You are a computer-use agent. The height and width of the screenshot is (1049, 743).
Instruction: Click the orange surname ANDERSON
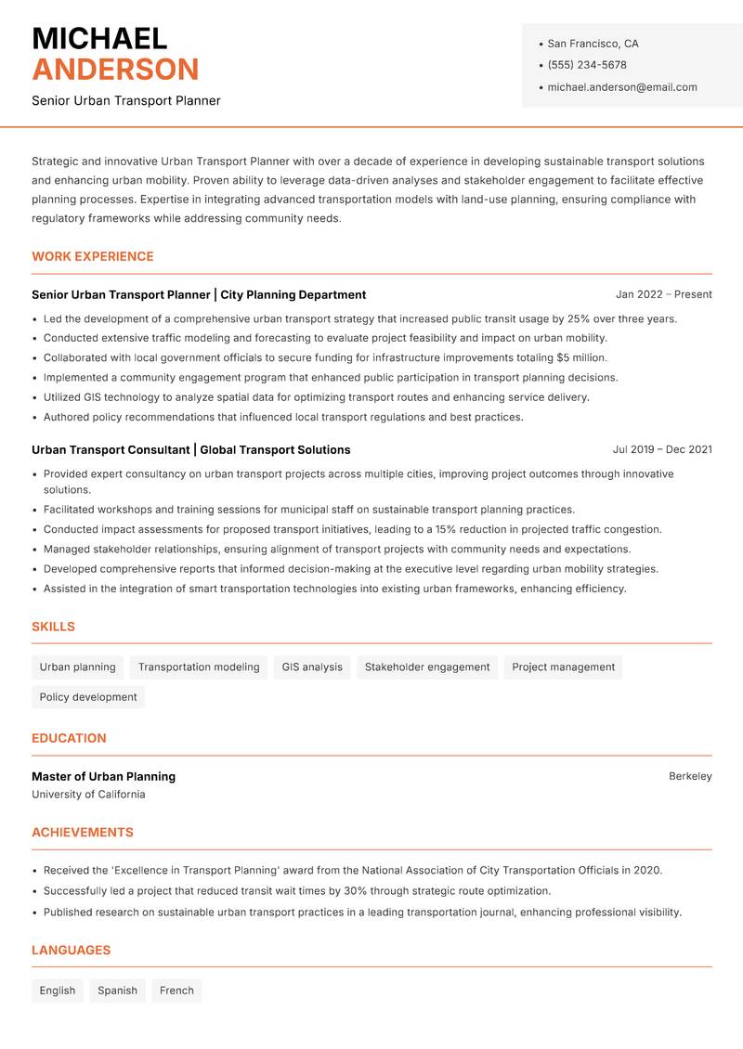pos(115,70)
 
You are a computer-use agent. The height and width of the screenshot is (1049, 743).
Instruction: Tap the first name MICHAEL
pos(99,38)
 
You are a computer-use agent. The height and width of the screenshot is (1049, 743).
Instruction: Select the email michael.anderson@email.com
pos(622,87)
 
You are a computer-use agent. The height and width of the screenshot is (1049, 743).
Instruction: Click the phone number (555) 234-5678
pos(587,65)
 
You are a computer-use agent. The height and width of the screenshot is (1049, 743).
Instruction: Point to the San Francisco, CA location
pos(593,44)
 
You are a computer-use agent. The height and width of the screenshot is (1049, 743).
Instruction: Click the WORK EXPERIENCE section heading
pos(93,256)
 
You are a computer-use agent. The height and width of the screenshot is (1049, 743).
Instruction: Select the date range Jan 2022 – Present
pos(663,294)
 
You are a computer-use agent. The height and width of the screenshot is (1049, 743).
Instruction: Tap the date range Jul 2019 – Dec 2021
pos(662,449)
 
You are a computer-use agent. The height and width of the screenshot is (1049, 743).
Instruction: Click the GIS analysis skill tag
pos(312,667)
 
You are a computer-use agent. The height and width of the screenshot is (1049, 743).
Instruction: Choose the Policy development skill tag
pos(88,696)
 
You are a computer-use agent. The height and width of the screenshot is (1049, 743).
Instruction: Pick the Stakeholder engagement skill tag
pos(427,667)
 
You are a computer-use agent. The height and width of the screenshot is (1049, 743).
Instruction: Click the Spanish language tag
pos(118,991)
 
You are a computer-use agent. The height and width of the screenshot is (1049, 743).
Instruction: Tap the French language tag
pos(176,991)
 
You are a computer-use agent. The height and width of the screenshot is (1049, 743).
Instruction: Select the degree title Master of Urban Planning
pos(103,776)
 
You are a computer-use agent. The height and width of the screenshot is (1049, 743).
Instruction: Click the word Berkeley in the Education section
pos(690,776)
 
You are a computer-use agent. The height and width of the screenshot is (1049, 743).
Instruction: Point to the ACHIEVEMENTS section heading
pos(83,833)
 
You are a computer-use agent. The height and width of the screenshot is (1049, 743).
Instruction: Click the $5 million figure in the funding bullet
pos(581,358)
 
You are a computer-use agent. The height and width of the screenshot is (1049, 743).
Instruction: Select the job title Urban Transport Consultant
pos(110,449)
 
